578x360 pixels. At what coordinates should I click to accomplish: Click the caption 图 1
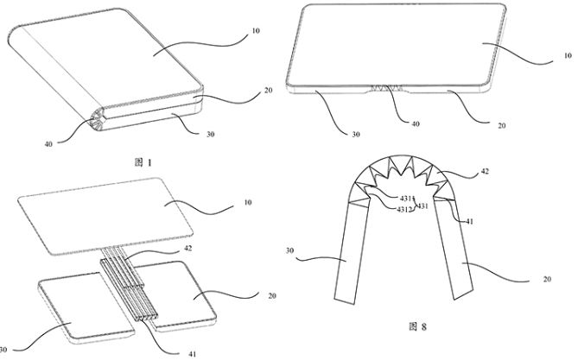143,162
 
